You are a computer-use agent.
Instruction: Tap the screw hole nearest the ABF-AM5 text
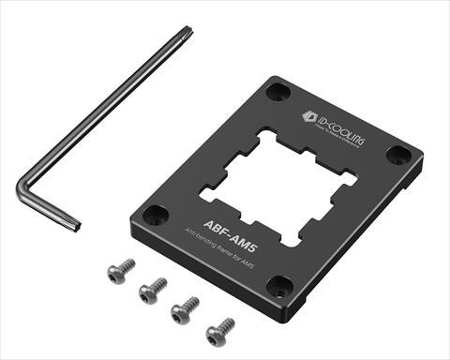156,214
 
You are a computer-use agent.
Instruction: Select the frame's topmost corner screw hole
277,92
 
